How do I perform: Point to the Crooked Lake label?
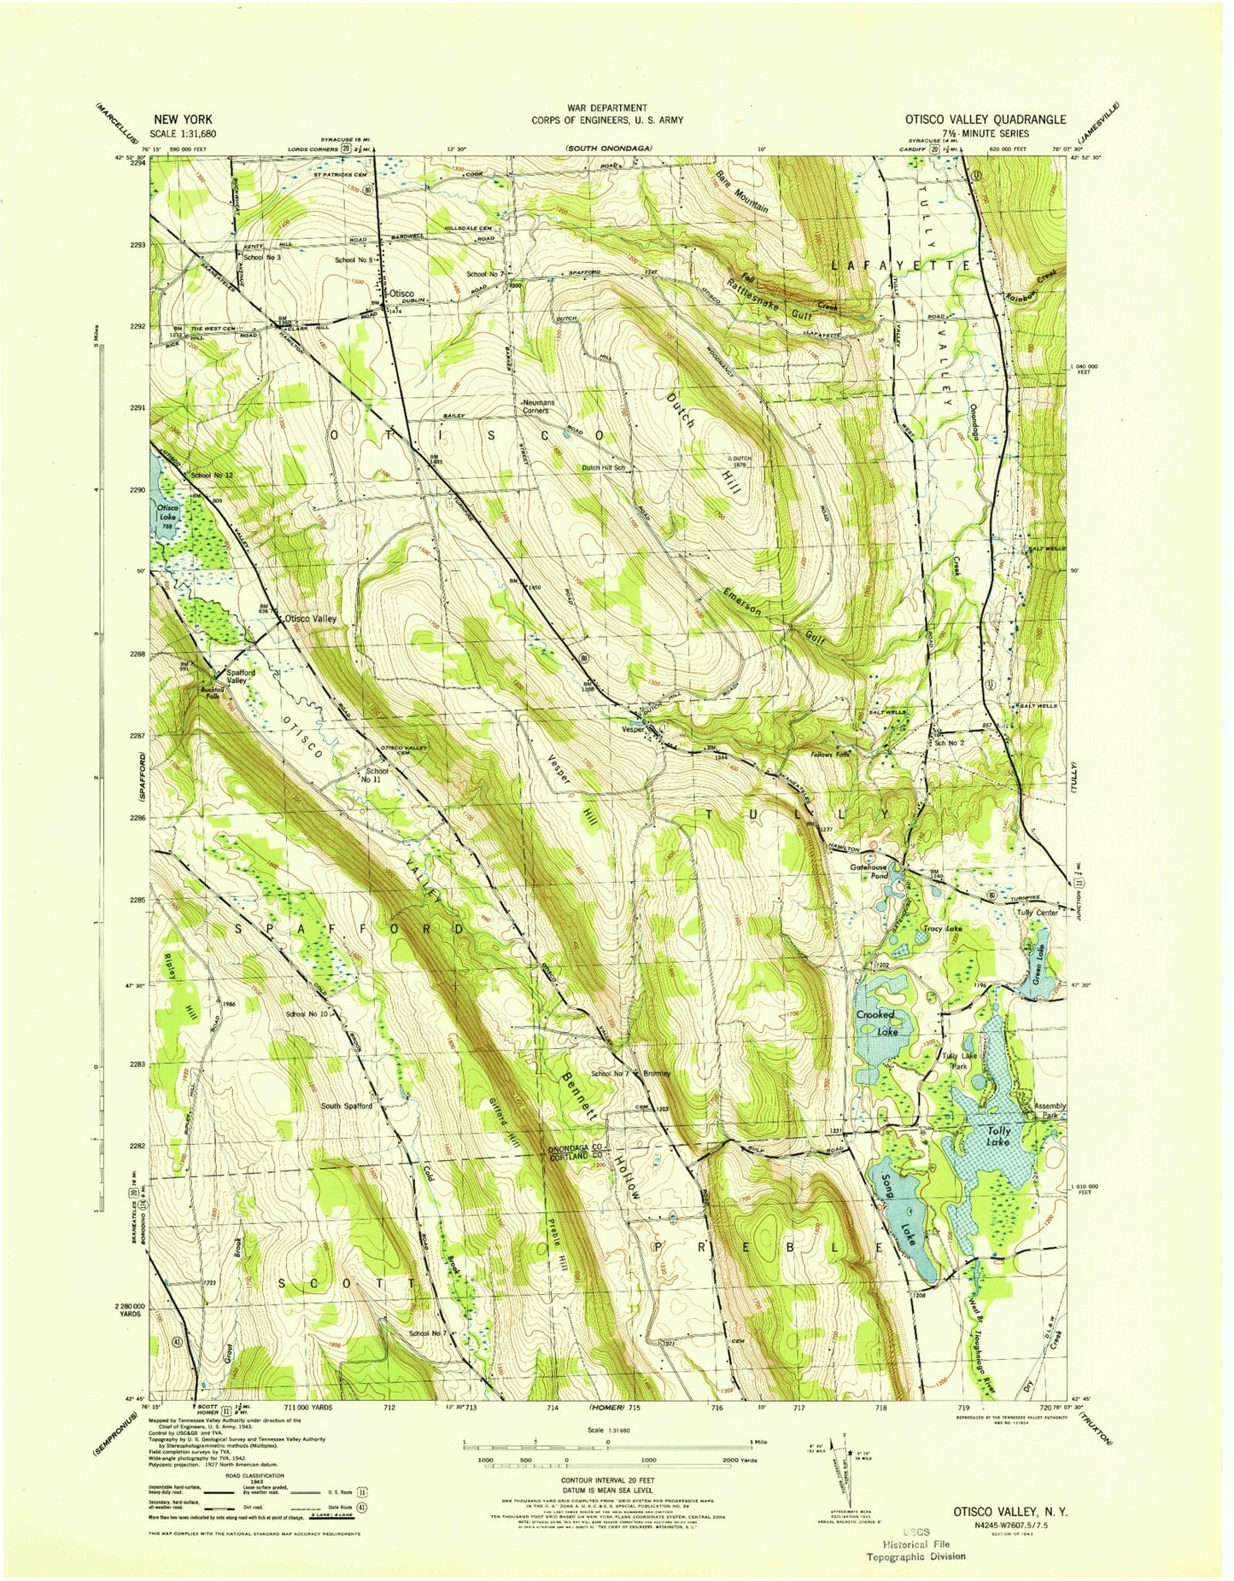(x=875, y=1022)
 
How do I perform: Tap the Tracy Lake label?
(x=942, y=928)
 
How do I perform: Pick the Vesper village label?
(x=633, y=729)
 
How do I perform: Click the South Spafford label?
(x=346, y=1106)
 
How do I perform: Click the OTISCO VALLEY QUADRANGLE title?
(x=985, y=120)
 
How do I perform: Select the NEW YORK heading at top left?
(x=183, y=120)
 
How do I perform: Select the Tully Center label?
(x=1037, y=913)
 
